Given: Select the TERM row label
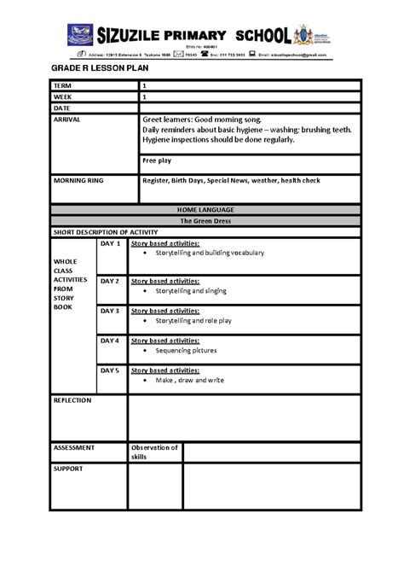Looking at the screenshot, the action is [x=64, y=86].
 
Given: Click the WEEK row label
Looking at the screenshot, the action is [x=64, y=97].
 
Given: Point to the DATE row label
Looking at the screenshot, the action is [x=64, y=108].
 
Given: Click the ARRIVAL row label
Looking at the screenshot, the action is [x=69, y=120].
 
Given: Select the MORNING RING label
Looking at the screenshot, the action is [x=81, y=181].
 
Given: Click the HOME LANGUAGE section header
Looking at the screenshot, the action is [x=205, y=209].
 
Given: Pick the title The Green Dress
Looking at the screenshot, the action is [x=205, y=220].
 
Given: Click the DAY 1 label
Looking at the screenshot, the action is [x=111, y=244].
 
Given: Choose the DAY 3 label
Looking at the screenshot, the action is [x=111, y=311].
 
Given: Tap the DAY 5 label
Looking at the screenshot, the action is [x=111, y=370].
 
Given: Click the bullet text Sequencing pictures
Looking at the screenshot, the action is [x=186, y=351].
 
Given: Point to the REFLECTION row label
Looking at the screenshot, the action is [x=72, y=399].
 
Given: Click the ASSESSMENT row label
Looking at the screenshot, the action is [x=73, y=447].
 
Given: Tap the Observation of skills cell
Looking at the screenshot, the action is [x=154, y=452].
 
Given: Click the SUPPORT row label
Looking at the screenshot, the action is [x=68, y=469].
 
